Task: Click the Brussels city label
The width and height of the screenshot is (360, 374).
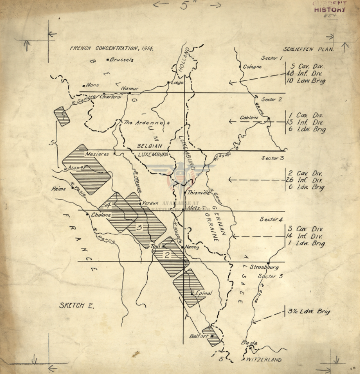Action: [121, 60]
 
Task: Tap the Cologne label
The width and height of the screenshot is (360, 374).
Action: [252, 67]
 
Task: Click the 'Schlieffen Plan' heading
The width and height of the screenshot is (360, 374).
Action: [308, 49]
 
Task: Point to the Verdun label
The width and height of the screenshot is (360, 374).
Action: [149, 202]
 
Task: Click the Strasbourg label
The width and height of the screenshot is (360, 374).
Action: [264, 268]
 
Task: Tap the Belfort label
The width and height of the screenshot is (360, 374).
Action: [198, 336]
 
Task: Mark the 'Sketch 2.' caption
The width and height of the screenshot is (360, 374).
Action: [76, 305]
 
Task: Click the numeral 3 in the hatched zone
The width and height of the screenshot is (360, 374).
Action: [139, 227]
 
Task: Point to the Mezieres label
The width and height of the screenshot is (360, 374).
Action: [97, 154]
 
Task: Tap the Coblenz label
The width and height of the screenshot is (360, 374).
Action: [249, 118]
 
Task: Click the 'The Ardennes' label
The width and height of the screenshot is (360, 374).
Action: [147, 122]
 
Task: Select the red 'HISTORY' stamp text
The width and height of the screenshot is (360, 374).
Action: [330, 9]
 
